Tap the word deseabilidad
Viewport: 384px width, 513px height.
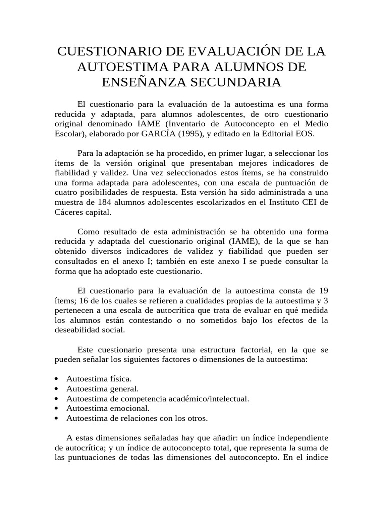pyautogui.click(x=78, y=331)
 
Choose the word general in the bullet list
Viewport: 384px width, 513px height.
pyautogui.click(x=122, y=388)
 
